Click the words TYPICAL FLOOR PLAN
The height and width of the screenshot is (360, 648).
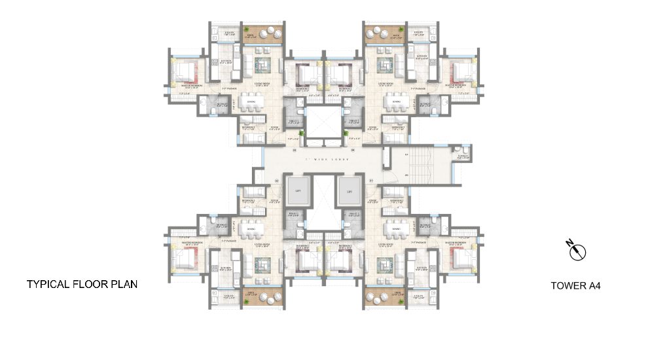coord(82,285)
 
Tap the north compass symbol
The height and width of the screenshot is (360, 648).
coord(577,251)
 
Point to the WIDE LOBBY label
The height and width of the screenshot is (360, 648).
coord(321,159)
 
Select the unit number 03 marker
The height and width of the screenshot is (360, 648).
coord(295,150)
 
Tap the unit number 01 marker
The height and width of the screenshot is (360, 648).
coord(371,180)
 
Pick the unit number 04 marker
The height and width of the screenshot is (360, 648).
coord(352,150)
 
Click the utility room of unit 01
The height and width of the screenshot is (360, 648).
coord(419,296)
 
